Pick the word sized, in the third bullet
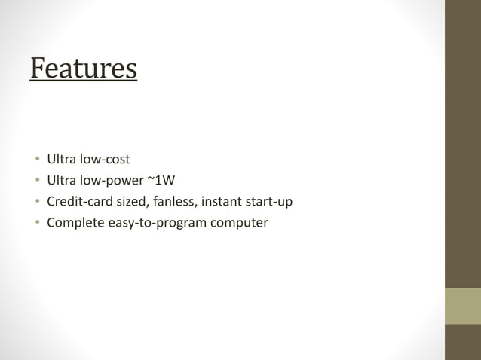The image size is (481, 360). (x=130, y=202)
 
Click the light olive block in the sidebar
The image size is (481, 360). (x=462, y=306)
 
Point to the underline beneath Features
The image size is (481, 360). (x=84, y=80)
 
